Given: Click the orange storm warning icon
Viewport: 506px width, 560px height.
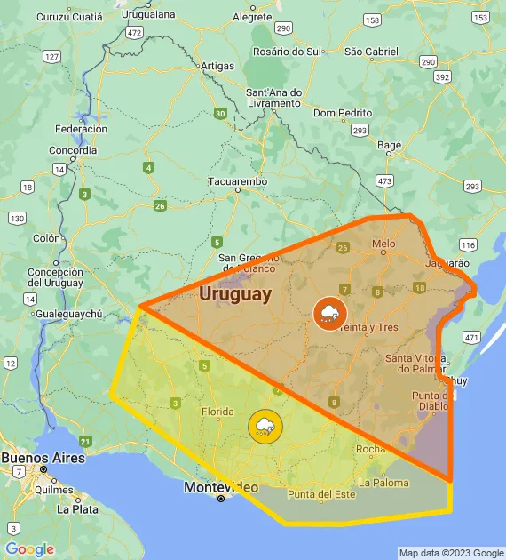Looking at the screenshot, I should point(329,313).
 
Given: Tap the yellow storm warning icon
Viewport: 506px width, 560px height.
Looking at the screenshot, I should point(265,428).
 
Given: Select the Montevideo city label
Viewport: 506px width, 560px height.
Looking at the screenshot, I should point(221,487).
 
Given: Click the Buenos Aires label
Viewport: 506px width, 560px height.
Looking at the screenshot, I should point(43,458).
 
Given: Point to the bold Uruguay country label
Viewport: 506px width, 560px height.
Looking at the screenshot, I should point(235,294).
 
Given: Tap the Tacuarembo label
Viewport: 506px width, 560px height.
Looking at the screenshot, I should point(237,181).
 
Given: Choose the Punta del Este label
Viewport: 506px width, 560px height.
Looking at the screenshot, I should point(321,494).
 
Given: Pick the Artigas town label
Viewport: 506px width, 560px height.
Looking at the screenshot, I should point(217,66).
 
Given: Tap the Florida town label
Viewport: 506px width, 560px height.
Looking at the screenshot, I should point(217,412).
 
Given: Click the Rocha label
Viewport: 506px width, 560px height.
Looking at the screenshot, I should point(370,449).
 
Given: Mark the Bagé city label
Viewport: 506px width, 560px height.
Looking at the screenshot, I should point(390,144).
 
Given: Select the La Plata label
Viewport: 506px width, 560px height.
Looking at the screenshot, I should point(77,509).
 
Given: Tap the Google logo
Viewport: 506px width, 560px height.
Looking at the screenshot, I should point(29,549).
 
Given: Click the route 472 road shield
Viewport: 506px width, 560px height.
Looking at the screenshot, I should point(134,32).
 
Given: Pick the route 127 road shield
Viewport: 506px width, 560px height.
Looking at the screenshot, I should point(51,57).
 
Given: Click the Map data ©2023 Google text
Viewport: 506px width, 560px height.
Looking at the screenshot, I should point(451,553).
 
